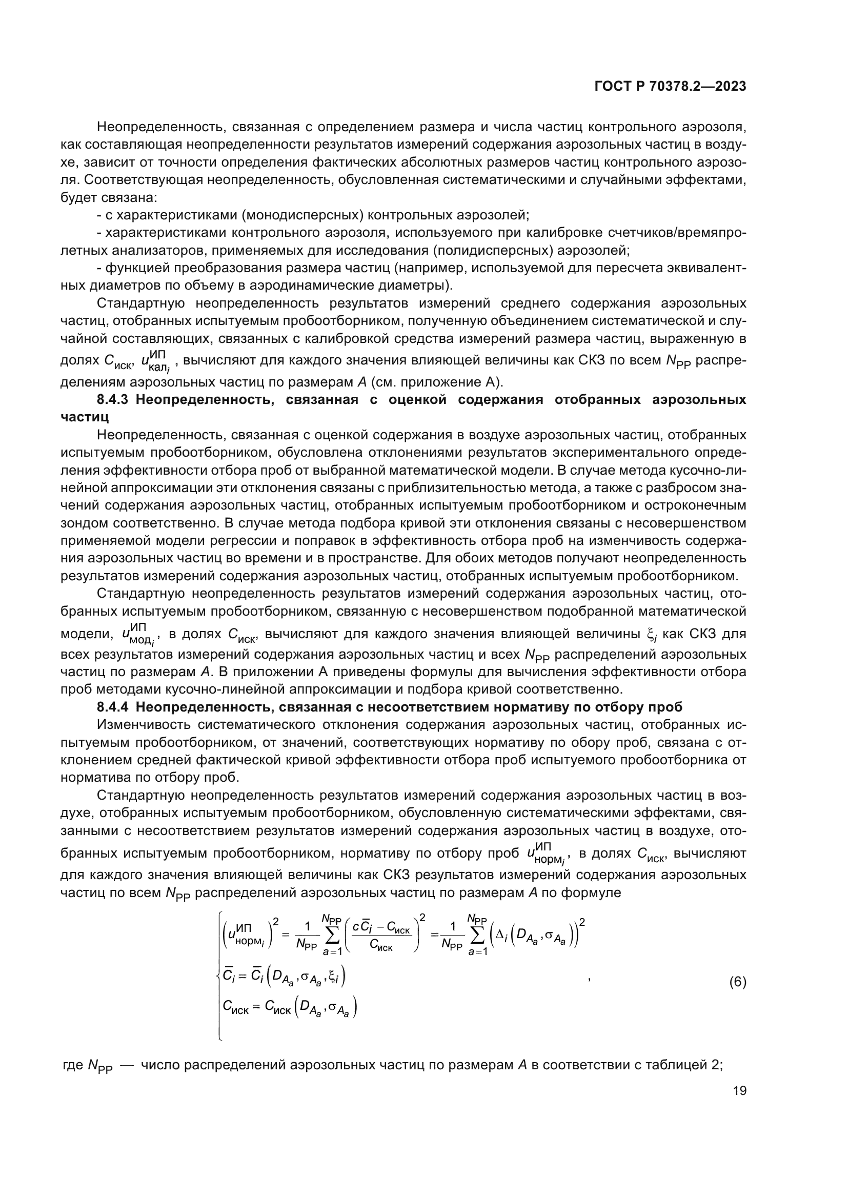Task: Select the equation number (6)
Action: click(737, 982)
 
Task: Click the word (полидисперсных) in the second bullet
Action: click(492, 251)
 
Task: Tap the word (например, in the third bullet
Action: click(429, 269)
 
